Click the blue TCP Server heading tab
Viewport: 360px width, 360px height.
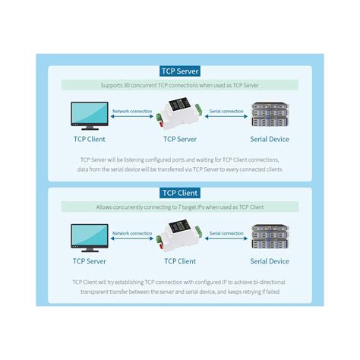[180, 71]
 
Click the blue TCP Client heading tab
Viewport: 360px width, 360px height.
[180, 193]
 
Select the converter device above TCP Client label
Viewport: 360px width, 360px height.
[180, 235]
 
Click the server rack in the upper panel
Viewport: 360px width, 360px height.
[270, 115]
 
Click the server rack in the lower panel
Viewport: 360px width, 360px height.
[270, 237]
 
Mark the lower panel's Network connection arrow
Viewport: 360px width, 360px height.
[132, 239]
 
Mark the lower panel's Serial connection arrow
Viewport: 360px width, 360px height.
[226, 239]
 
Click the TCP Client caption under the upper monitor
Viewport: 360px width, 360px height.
[89, 140]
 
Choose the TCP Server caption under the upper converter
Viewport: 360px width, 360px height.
[180, 140]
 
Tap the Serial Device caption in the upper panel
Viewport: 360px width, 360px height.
[270, 140]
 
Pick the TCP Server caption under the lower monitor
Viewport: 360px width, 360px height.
[89, 261]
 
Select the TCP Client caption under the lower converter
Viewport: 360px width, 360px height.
[180, 261]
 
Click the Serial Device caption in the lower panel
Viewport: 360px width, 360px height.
[270, 261]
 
